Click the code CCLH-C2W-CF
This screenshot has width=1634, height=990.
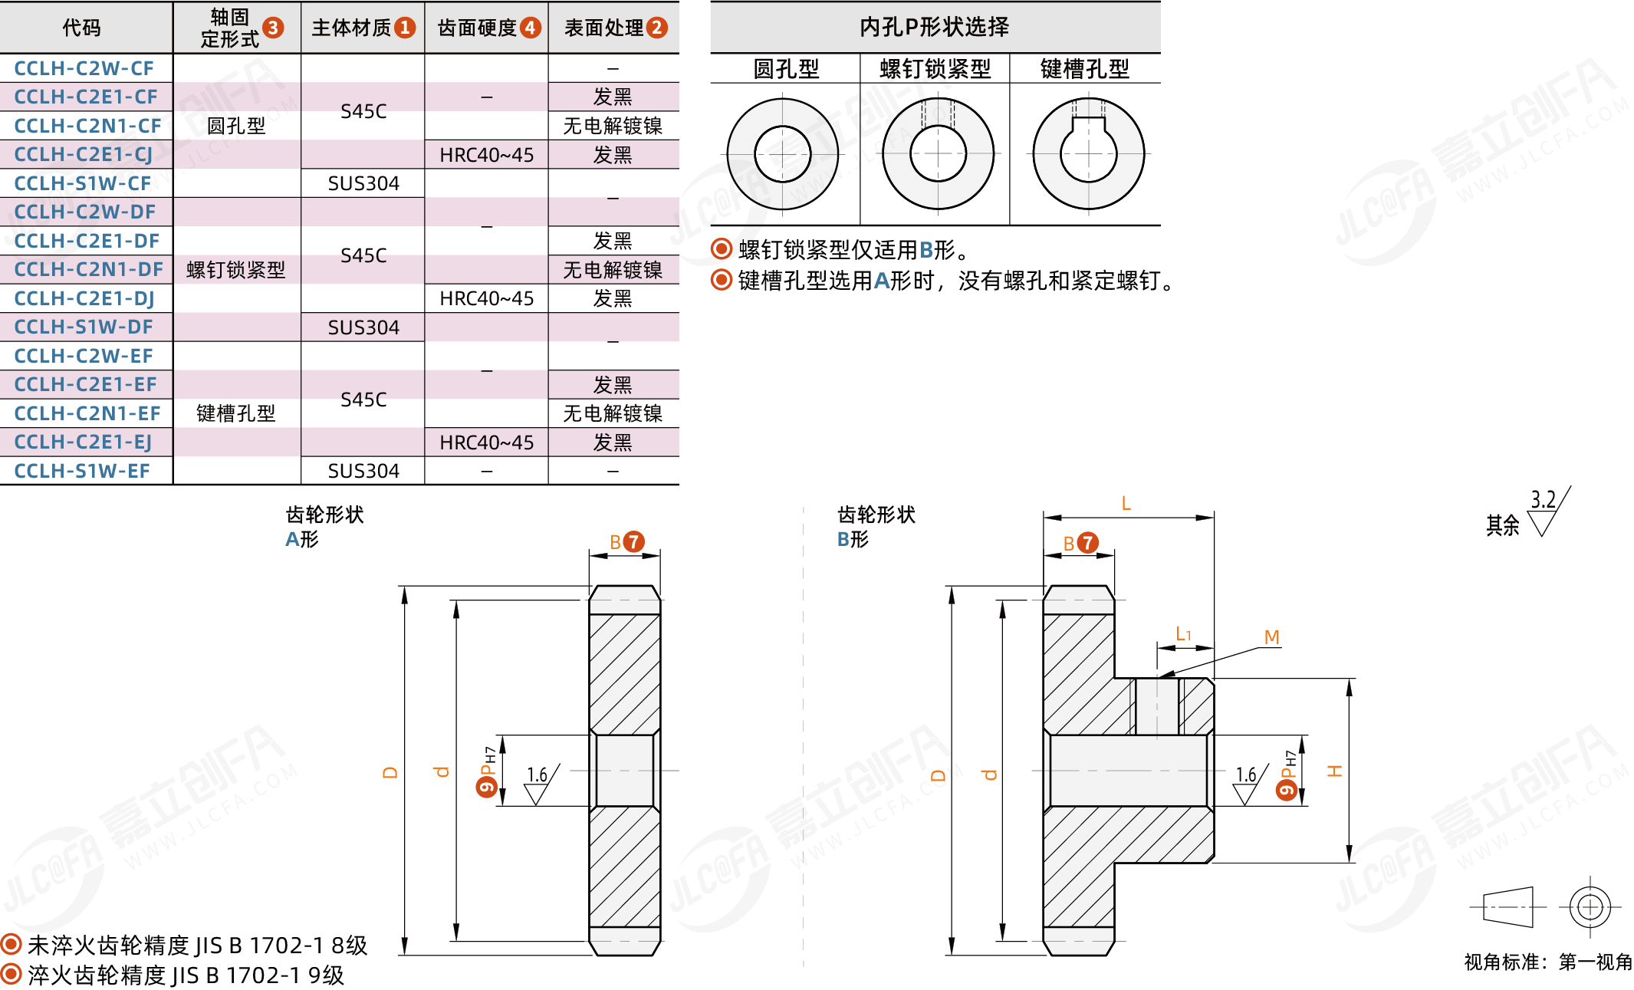tap(84, 68)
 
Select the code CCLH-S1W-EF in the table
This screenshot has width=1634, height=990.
tap(82, 471)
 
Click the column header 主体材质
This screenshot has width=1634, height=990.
tap(352, 28)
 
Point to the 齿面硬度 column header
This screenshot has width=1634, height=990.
tap(477, 28)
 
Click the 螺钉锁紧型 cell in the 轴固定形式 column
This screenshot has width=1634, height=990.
tap(235, 270)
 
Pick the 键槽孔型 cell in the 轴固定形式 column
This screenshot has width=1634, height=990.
tap(235, 413)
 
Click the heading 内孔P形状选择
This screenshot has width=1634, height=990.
tap(934, 28)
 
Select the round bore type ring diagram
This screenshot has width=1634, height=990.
tap(782, 154)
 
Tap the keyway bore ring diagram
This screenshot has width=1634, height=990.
tap(1087, 154)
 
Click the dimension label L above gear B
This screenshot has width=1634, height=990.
tap(1126, 504)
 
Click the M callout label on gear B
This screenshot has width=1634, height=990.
tap(1271, 637)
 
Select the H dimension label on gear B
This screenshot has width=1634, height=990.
tap(1335, 771)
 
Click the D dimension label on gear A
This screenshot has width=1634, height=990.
tap(390, 772)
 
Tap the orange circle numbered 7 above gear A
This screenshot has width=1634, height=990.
tap(633, 542)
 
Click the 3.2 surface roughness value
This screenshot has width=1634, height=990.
tap(1543, 500)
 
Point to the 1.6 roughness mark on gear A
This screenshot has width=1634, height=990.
tap(538, 775)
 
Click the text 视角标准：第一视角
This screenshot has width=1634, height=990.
tap(1548, 962)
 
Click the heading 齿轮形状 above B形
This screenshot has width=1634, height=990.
tap(876, 515)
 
